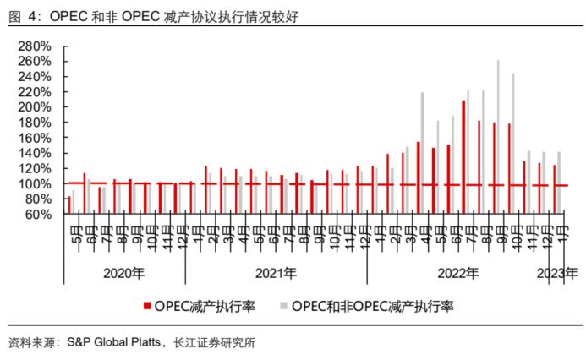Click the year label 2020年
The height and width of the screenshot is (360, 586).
[x=124, y=273]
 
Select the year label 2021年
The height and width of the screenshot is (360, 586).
[x=276, y=273]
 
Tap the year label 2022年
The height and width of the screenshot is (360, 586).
[x=457, y=273]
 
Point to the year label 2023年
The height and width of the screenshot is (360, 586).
[x=558, y=273]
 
